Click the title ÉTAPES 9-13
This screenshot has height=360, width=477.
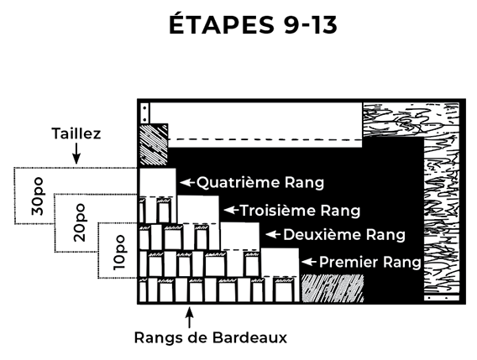tap(253, 24)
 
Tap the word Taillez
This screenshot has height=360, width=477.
tap(76, 133)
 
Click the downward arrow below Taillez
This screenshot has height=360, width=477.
tap(76, 154)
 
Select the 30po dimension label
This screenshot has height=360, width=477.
tap(38, 196)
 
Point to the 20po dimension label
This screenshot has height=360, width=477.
tap(80, 223)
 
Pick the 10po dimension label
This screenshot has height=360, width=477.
tap(119, 253)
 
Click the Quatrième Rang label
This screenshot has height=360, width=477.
tap(260, 182)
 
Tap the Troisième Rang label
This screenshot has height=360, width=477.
tap(301, 211)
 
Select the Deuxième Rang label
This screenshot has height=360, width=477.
tap(344, 235)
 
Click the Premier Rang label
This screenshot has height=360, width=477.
tap(370, 262)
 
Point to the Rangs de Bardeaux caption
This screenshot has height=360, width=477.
tap(211, 337)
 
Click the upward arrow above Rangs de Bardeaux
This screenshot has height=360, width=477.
tap(189, 318)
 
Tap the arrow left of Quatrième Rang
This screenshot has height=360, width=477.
tap(187, 182)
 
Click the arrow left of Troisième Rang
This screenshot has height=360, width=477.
tap(231, 210)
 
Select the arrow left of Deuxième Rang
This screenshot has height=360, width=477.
tap(273, 234)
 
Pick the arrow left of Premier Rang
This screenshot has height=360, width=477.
tap(309, 262)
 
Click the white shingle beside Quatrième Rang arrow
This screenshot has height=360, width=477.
tap(158, 182)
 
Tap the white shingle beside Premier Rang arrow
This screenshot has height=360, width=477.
tap(280, 262)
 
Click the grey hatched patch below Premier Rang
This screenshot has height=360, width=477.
tap(333, 288)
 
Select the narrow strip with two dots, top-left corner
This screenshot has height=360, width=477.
tap(145, 113)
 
